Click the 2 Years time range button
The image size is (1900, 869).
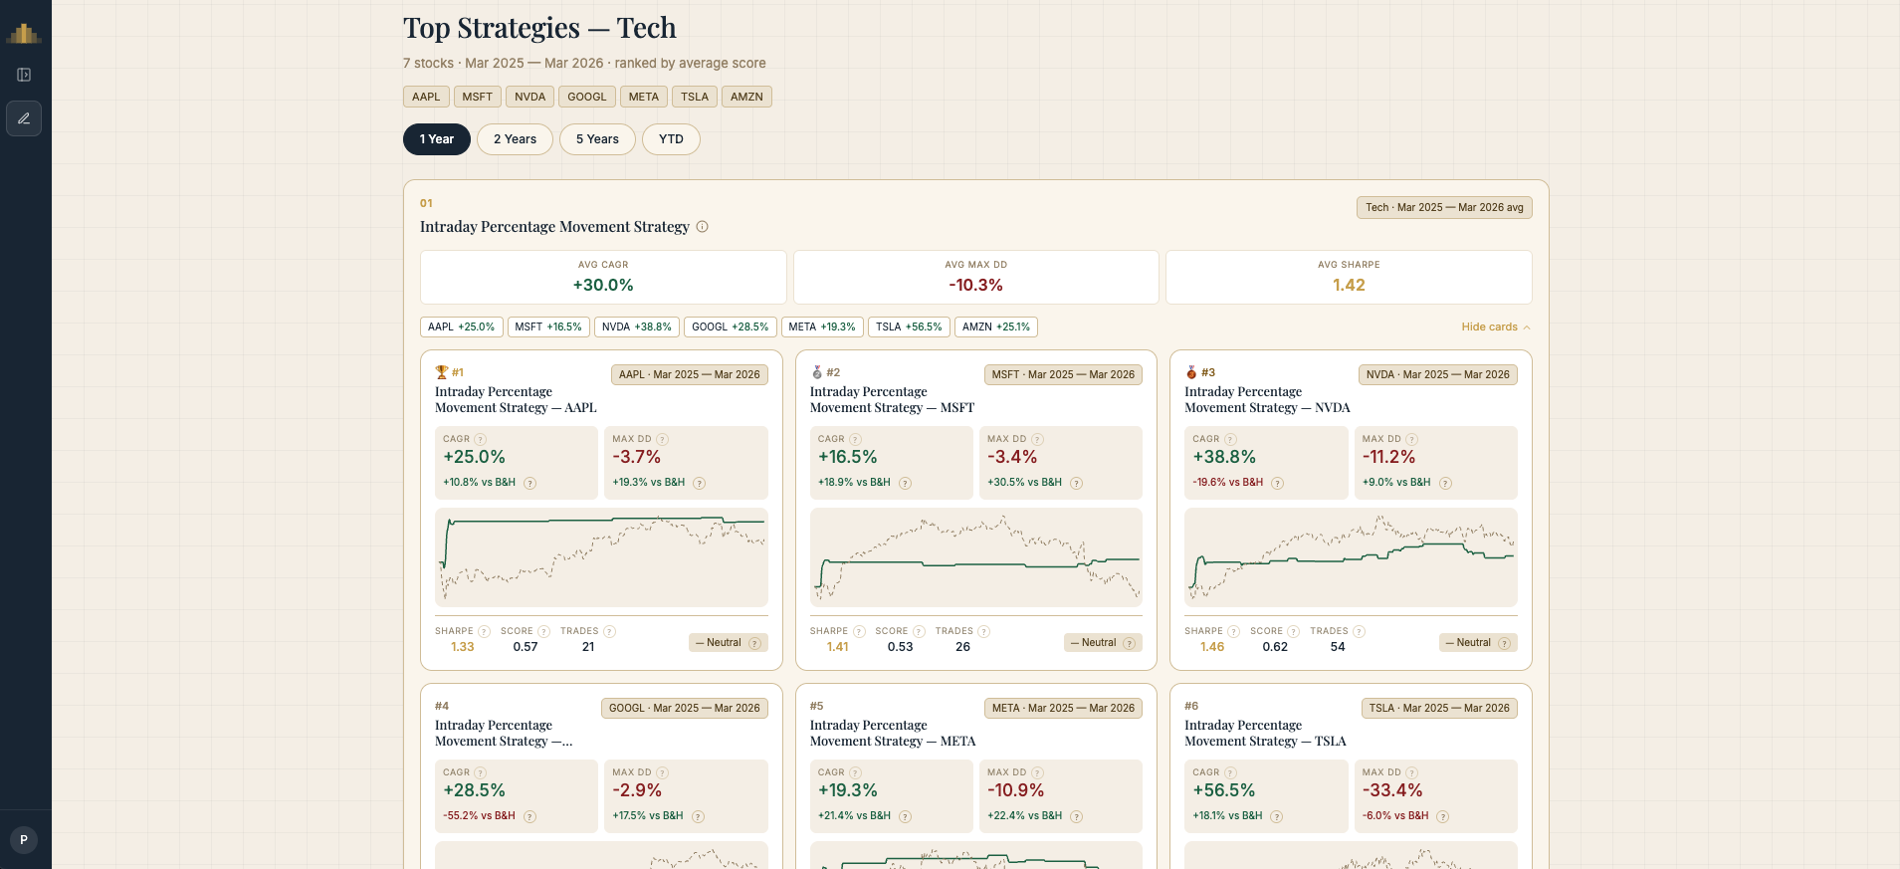515,139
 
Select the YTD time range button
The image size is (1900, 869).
671,139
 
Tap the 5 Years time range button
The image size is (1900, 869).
597,139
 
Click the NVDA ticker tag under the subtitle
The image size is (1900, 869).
529,97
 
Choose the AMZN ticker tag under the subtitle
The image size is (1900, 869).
746,97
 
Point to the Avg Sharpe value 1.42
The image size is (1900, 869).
1349,286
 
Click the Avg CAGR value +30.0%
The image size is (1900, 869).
603,286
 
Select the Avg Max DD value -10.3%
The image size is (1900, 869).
975,286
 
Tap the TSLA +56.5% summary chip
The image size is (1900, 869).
909,326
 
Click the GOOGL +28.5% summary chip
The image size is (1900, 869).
730,326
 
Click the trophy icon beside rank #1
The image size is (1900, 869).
442,372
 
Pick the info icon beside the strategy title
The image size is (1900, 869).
702,227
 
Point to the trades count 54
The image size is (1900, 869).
1338,647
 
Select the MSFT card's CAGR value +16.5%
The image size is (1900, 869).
848,457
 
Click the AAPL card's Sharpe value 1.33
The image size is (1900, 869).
463,647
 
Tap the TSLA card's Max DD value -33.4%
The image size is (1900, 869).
1392,790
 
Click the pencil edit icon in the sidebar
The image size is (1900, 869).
24,118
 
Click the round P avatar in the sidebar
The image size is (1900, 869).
24,840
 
